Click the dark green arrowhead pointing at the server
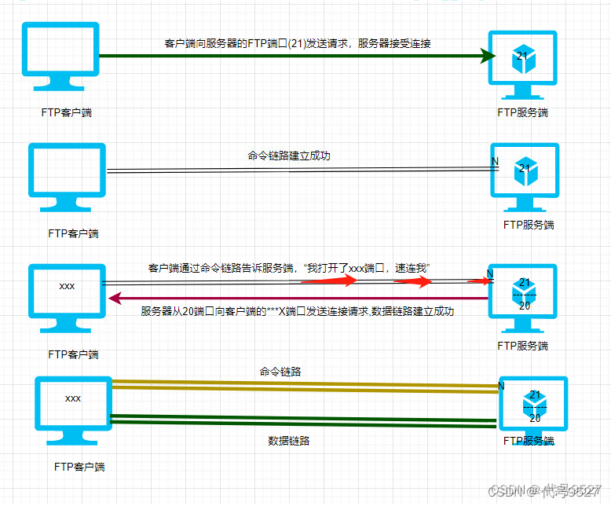487,55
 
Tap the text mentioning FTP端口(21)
298,44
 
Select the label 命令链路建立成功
289,156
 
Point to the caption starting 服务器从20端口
298,312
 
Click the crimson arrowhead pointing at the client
115,298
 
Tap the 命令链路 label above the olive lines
280,371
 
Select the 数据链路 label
288,441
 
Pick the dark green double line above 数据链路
306,420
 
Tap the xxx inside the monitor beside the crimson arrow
67,286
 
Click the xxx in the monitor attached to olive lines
73,398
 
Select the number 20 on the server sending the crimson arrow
525,306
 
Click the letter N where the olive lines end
502,386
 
